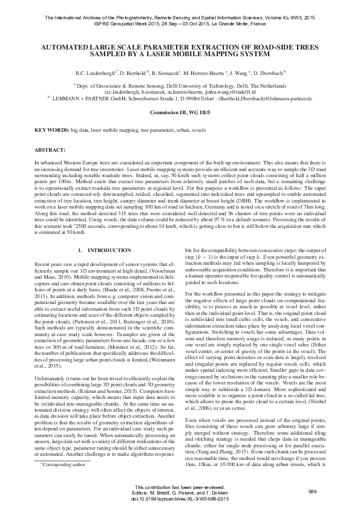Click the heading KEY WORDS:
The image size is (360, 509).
click(x=51, y=130)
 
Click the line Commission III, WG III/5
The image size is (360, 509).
click(x=180, y=113)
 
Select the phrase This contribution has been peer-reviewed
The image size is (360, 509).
click(x=180, y=487)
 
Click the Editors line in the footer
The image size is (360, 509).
click(x=180, y=494)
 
